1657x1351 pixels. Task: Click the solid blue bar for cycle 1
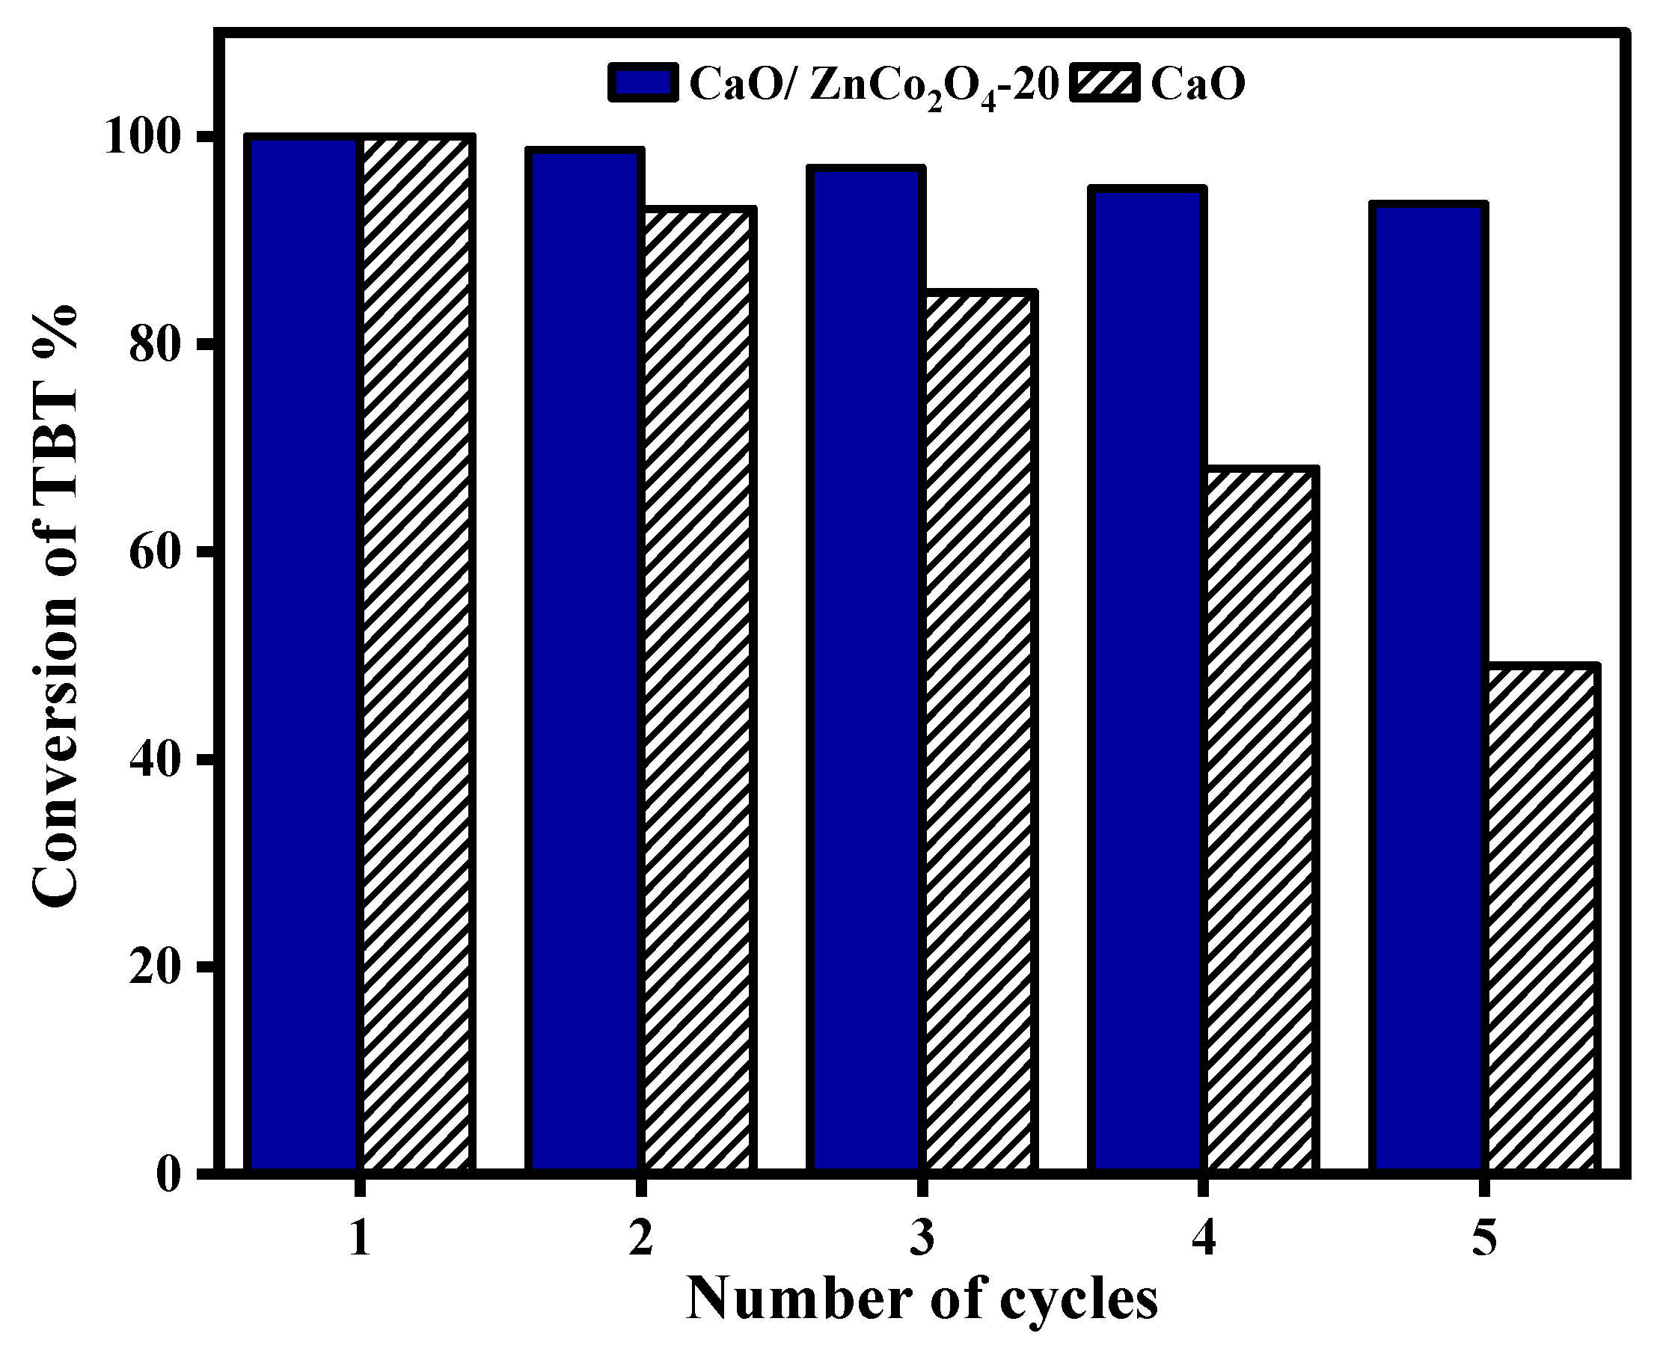(302, 654)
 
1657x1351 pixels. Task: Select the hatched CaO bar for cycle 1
(417, 654)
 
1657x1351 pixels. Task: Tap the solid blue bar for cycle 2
(584, 661)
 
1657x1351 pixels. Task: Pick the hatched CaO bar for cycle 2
(698, 693)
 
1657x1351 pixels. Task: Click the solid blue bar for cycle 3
(866, 670)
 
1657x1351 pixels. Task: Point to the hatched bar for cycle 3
(980, 732)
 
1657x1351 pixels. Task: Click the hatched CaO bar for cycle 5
(1543, 919)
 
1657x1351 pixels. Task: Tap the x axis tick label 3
(922, 1238)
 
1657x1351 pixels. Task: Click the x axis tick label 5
(1485, 1238)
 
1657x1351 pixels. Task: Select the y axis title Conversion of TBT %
(56, 603)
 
